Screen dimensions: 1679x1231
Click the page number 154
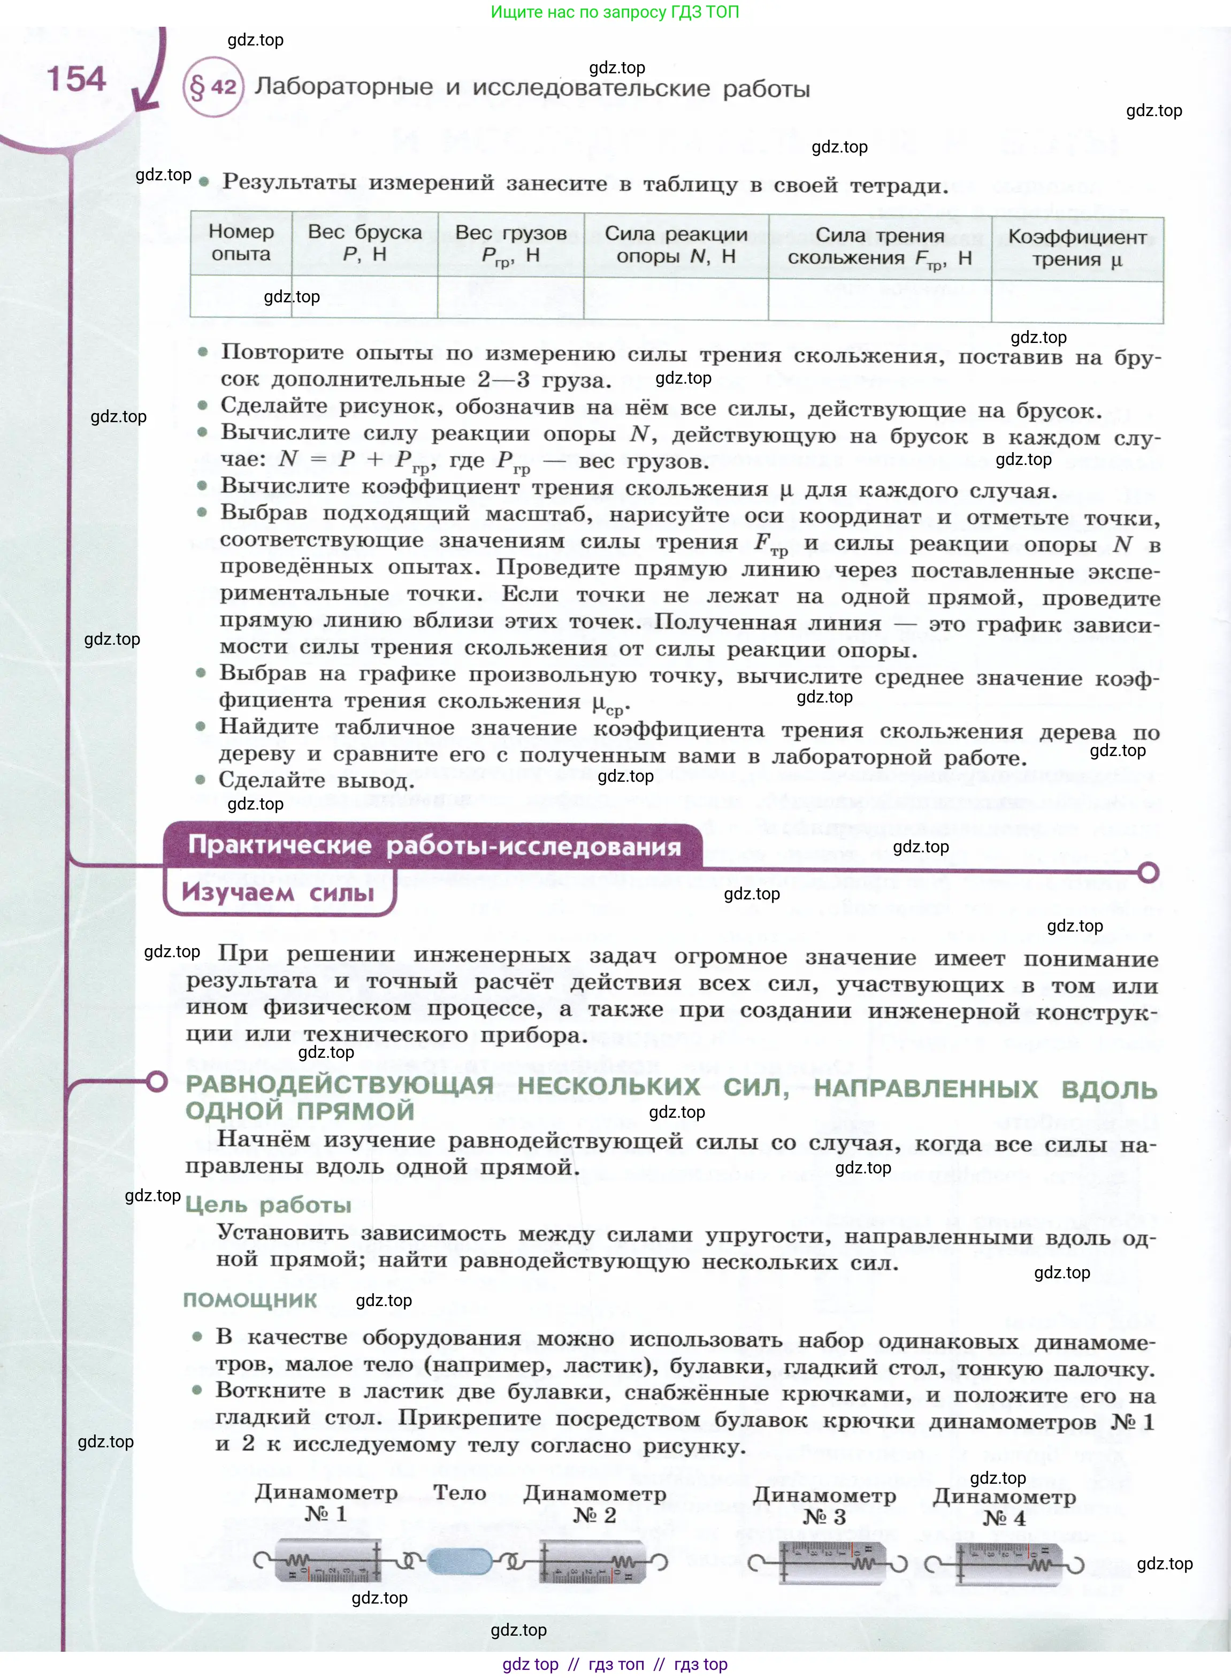76,79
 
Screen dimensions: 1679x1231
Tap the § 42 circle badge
213,87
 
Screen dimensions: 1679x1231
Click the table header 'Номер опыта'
241,242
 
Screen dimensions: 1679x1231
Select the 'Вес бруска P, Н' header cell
364,243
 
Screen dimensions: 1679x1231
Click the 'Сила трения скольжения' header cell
880,246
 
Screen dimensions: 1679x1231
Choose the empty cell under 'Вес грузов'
510,298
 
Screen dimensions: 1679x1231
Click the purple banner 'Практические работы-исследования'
434,844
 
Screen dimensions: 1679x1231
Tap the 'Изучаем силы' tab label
278,891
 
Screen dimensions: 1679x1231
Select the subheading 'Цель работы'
267,1204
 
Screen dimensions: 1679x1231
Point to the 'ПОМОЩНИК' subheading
250,1300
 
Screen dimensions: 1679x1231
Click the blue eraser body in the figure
460,1561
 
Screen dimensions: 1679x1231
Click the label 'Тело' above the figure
460,1493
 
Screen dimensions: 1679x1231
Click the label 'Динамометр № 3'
824,1505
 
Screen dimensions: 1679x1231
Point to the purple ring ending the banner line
1148,872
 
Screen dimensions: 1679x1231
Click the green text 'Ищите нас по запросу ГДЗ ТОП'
615,12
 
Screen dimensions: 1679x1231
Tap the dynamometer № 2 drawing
592,1561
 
